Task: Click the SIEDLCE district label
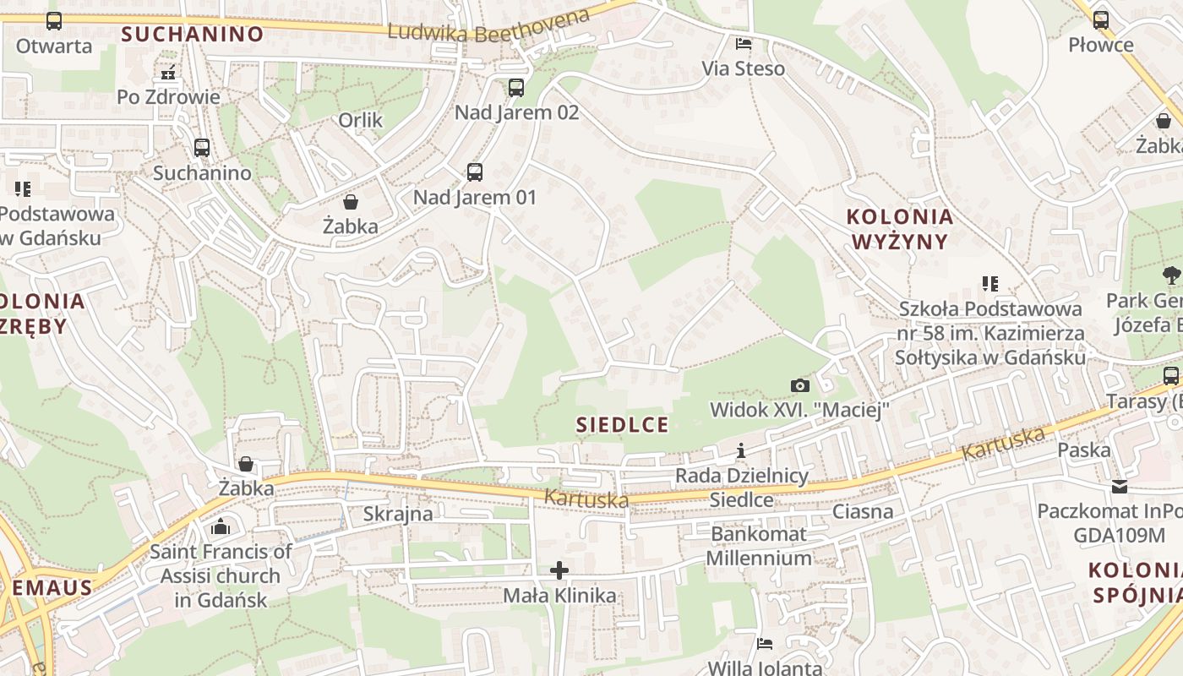tap(622, 424)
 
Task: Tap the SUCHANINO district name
tap(192, 34)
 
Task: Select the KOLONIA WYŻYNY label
tap(900, 229)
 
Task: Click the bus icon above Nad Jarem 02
tap(515, 87)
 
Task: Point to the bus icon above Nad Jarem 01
tap(475, 172)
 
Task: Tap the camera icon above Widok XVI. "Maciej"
tap(799, 385)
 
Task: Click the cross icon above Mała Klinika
tap(559, 570)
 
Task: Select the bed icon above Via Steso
tap(744, 43)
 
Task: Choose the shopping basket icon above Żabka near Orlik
tap(350, 202)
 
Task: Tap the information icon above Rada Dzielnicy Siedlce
tap(741, 450)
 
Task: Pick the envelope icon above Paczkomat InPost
tap(1120, 487)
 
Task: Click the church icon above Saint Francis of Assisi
tap(221, 527)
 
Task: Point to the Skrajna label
tap(398, 513)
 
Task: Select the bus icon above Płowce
tap(1100, 19)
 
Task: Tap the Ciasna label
tap(863, 511)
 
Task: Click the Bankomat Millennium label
tap(759, 546)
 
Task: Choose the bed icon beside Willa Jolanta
tap(765, 644)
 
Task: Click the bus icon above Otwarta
tap(53, 21)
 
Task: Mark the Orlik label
tap(361, 120)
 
